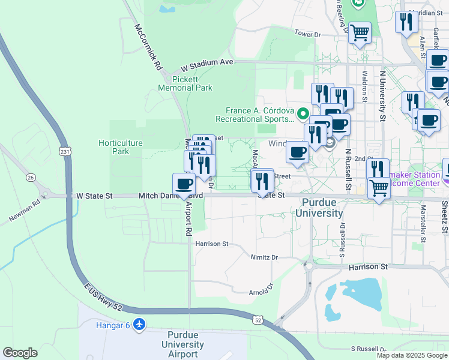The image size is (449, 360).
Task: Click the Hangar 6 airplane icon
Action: (x=140, y=325)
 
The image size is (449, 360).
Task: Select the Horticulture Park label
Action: (x=120, y=147)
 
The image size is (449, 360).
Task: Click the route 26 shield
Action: (x=31, y=178)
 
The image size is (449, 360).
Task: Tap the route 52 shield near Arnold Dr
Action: (x=257, y=320)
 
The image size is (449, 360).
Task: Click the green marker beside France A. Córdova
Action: (x=304, y=112)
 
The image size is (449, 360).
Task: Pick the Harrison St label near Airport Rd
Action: (x=211, y=244)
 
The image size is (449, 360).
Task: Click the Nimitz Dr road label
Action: (x=264, y=257)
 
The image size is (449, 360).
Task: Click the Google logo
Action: (x=20, y=353)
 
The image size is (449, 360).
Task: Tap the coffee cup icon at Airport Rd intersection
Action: (x=184, y=184)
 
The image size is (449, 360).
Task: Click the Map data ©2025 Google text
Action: (x=411, y=355)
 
